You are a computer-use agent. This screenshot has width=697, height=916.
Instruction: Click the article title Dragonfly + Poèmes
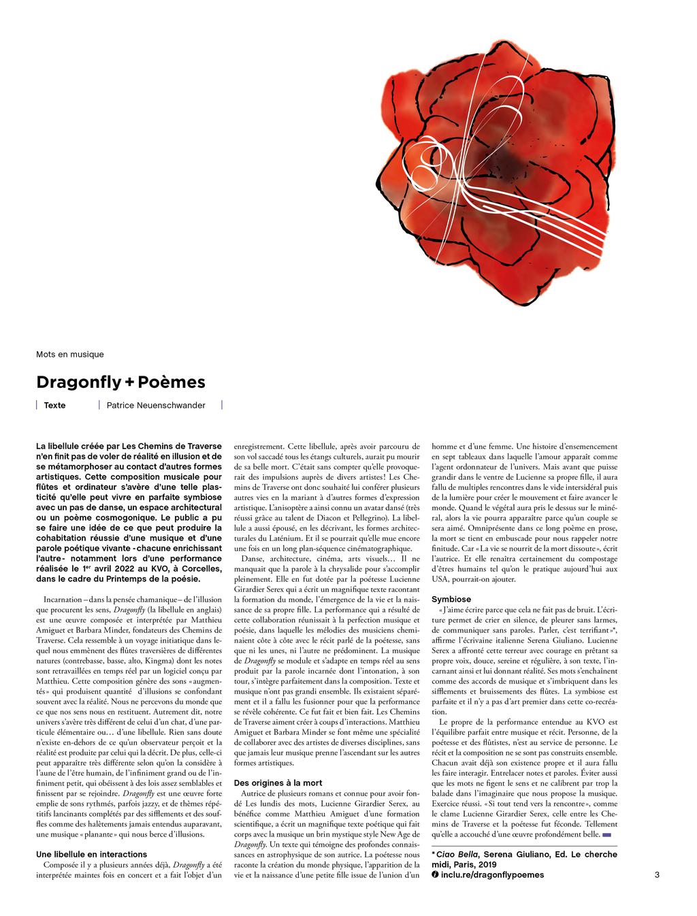120,382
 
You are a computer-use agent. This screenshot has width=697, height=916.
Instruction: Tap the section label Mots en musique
70,354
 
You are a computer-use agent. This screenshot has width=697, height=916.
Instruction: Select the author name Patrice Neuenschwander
156,405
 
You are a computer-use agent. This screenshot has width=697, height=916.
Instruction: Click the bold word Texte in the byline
54,405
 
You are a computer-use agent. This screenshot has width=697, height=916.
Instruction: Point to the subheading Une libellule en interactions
91,854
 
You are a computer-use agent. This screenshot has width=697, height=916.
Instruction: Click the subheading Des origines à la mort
278,783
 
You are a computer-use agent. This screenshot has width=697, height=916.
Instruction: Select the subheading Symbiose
451,599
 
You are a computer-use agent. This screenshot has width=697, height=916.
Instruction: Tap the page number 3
657,874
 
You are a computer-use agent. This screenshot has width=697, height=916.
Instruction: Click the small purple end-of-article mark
607,834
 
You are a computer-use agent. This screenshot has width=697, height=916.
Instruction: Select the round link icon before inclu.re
436,874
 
